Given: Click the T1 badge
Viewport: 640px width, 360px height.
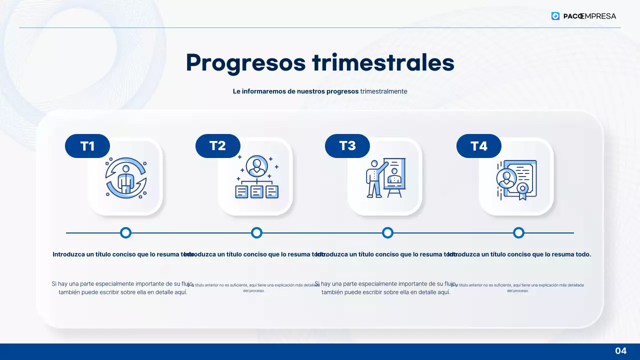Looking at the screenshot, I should click(x=87, y=146).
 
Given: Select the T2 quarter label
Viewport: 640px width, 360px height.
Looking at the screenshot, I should click(x=217, y=146).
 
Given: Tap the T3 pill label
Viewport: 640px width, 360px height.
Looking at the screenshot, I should click(x=347, y=146).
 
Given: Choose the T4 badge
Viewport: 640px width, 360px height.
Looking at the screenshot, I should click(x=479, y=146).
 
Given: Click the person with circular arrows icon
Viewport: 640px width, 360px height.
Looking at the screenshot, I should click(x=125, y=177).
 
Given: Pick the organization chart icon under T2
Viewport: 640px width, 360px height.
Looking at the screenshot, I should click(x=256, y=177).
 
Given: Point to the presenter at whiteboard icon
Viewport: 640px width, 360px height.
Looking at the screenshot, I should click(x=385, y=178).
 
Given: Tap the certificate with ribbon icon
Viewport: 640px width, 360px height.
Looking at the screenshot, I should click(x=516, y=179).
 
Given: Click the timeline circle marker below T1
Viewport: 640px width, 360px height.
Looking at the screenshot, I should click(x=126, y=232).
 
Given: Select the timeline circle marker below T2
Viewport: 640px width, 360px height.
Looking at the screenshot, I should click(x=256, y=232).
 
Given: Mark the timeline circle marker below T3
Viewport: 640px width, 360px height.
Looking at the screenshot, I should click(x=387, y=232).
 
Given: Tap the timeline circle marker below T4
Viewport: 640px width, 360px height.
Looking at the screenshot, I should click(x=518, y=232).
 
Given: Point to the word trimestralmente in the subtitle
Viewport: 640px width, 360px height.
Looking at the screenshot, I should click(x=383, y=91).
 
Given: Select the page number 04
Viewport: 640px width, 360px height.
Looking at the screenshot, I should click(x=620, y=350).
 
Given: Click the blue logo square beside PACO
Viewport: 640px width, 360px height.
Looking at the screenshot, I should click(x=555, y=16).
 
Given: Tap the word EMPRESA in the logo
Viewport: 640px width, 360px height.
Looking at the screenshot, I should click(x=599, y=16).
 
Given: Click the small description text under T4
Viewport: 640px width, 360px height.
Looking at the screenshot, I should click(x=518, y=287).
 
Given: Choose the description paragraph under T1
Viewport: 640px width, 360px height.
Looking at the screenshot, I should click(x=123, y=288).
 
